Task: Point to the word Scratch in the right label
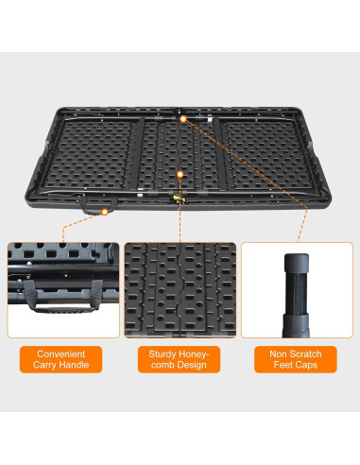pos(308,353)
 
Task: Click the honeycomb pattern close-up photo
pos(180,289)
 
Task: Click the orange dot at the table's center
pos(180,174)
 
